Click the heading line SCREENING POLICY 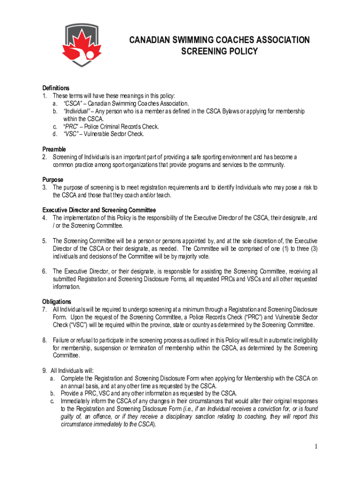[x=219, y=51]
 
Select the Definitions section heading [x=56, y=88]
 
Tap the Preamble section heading [x=54, y=149]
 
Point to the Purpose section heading [x=53, y=180]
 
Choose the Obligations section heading [x=57, y=302]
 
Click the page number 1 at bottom [x=316, y=447]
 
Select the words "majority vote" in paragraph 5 [x=191, y=256]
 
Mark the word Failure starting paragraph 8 [x=62, y=340]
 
